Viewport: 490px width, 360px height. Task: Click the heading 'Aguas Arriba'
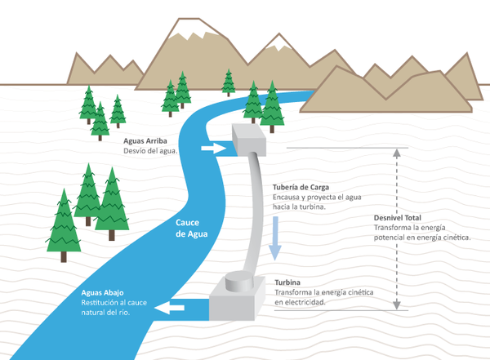click(145, 141)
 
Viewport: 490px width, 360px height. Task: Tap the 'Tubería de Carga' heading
click(300, 187)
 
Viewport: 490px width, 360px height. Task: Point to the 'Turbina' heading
click(288, 282)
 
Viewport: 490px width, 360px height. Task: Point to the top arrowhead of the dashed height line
click(399, 151)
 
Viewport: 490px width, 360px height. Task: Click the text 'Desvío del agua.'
click(150, 151)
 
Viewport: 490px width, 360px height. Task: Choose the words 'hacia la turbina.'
click(300, 207)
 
